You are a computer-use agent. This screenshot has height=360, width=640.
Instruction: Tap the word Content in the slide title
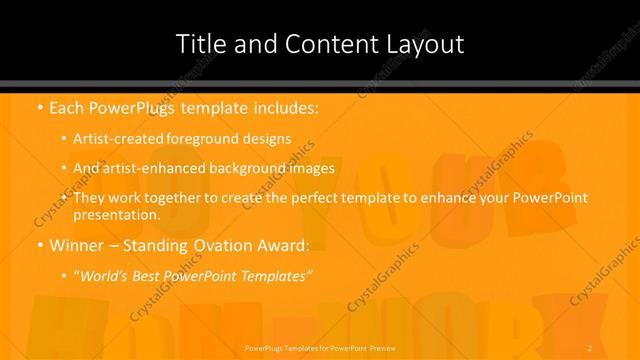[323, 44]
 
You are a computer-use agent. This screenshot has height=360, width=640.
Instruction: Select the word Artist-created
[115, 140]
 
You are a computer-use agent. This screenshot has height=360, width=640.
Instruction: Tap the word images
[306, 169]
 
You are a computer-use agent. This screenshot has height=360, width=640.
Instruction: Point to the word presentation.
[116, 214]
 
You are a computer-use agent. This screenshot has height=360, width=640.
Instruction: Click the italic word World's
[103, 274]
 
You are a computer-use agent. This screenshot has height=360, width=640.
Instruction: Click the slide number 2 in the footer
[590, 348]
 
